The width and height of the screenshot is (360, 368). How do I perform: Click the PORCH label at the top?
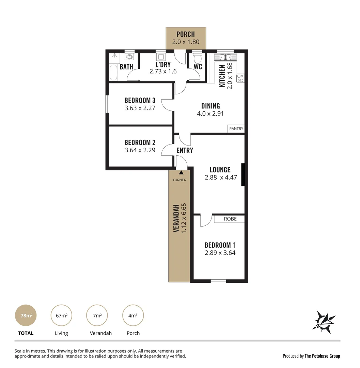(186, 34)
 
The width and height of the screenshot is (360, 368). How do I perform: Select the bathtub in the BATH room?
(113, 73)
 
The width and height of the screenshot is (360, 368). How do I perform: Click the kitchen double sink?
(225, 57)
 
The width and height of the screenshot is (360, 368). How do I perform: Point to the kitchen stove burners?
(240, 78)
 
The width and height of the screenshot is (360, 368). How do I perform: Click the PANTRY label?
(236, 128)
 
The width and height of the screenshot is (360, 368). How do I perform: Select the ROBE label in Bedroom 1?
(230, 219)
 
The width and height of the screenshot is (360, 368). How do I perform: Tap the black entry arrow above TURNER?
(181, 173)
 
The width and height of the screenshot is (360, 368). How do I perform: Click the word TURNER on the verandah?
(179, 180)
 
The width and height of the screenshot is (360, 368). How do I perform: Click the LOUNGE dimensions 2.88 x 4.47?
(221, 177)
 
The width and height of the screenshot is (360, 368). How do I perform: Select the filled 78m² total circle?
(26, 316)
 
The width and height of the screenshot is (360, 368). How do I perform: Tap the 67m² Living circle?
(62, 316)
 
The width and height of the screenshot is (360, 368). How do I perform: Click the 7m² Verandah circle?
(97, 316)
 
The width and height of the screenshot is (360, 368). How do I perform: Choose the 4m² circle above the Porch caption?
(133, 316)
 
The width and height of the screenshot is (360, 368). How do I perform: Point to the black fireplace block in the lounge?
(243, 175)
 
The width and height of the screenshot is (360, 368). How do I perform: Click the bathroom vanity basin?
(129, 57)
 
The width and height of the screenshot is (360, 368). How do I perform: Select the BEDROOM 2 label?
(140, 142)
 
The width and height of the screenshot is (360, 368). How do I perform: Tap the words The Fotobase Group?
(322, 356)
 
